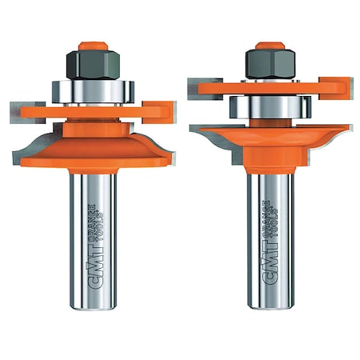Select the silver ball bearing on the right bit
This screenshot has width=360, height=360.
pyautogui.click(x=265, y=107)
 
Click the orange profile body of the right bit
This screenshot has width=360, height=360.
pyautogui.click(x=264, y=140)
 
